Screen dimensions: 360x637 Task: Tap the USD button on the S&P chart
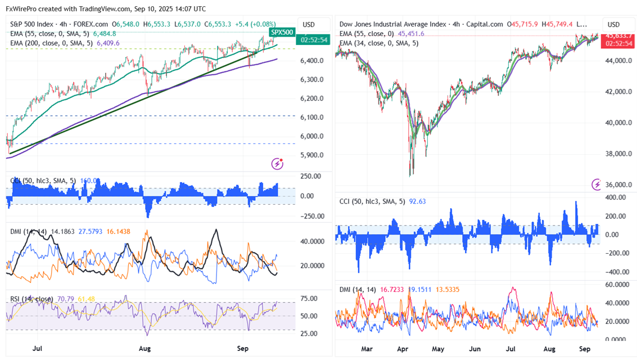[309, 24]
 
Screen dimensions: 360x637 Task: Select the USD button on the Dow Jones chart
[613, 24]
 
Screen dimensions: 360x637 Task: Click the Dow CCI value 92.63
[418, 201]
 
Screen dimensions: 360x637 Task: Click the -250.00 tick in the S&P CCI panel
[311, 216]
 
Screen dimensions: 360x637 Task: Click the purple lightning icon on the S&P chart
[277, 164]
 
